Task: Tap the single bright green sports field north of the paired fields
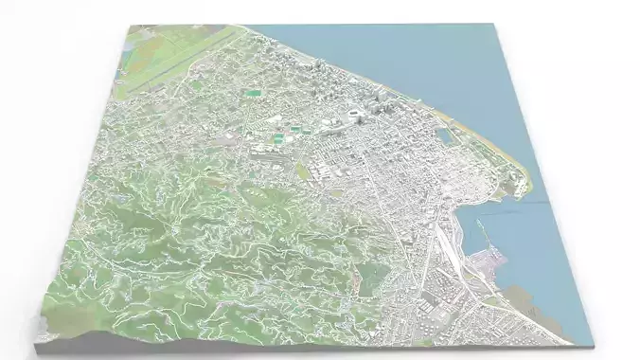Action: (253, 93)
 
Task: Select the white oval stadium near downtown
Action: (355, 115)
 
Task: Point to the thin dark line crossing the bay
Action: (540, 201)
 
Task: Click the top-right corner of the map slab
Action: (499, 25)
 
